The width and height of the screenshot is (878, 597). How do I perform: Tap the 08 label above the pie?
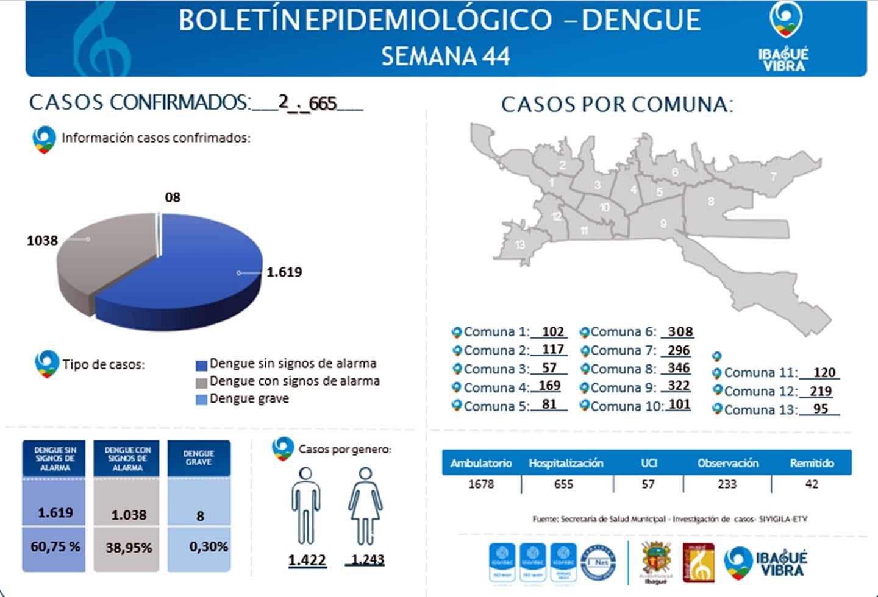(x=173, y=197)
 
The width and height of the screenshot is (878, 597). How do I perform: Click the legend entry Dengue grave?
(x=249, y=399)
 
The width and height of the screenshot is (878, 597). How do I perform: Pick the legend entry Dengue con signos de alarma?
(x=294, y=381)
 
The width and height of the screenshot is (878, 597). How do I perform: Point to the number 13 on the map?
(x=519, y=245)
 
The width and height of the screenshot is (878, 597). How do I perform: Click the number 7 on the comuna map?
(x=773, y=177)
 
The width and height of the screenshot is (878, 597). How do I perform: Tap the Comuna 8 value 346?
(x=678, y=369)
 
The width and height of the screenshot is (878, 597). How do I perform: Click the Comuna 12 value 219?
(x=821, y=391)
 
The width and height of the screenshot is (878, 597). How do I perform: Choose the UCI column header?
(x=649, y=463)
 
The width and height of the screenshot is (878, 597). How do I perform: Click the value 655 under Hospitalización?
(x=563, y=484)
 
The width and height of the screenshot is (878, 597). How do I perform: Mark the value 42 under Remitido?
(x=811, y=484)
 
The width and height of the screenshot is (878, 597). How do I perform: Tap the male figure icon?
(x=305, y=506)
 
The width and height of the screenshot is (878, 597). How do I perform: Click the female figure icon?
(x=365, y=506)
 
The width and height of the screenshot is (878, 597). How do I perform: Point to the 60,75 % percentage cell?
(x=55, y=547)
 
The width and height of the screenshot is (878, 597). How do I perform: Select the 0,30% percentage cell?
(x=209, y=547)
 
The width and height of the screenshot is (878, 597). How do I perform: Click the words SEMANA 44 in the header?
(x=445, y=57)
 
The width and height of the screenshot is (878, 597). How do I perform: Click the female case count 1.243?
(x=367, y=560)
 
